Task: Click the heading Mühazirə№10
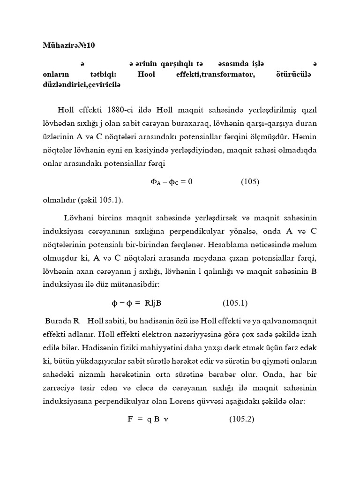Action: tap(69, 45)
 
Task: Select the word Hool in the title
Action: tap(147, 75)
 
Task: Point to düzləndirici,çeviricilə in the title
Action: tap(82, 84)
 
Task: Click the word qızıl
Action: tap(307, 110)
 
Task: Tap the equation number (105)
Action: tap(250, 182)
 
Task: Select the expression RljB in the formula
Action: tap(153, 303)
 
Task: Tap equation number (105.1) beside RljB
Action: tap(235, 303)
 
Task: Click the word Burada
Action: tap(58, 321)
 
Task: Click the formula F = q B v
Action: tap(148, 420)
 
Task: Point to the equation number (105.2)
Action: tap(241, 420)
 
